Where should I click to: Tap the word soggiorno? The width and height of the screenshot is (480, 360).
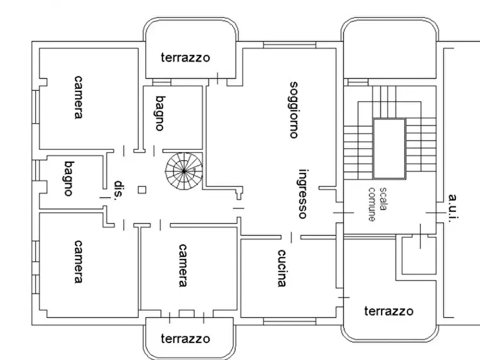(x=293, y=110)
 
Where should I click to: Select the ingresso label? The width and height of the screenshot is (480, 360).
(x=303, y=193)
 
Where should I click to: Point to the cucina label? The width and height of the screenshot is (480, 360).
(x=282, y=268)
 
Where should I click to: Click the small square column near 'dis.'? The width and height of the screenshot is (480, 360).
(x=141, y=189)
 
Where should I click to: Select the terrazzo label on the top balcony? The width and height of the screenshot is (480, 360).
(x=185, y=57)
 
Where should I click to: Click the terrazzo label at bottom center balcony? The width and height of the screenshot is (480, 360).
(x=185, y=339)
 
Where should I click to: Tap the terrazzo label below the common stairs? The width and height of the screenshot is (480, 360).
(x=388, y=311)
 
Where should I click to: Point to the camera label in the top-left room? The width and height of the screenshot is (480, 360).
(x=79, y=97)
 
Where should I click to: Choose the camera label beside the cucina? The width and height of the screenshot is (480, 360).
(x=183, y=266)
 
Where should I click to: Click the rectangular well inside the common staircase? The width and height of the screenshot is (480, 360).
(x=390, y=149)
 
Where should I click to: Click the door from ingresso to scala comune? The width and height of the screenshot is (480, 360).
(x=344, y=213)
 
